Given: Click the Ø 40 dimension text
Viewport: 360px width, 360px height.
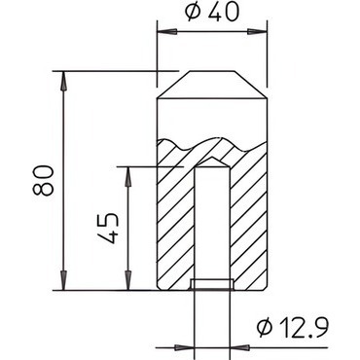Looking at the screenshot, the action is click(x=212, y=12).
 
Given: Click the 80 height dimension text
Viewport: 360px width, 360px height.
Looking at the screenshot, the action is click(x=43, y=180).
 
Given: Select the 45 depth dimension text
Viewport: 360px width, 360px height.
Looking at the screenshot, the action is click(x=107, y=229).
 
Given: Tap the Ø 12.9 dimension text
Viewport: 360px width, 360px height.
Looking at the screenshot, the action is click(x=293, y=327).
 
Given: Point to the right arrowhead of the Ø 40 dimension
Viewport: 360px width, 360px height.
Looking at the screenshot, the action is click(x=257, y=32).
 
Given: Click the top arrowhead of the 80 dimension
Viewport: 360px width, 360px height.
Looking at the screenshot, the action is click(x=64, y=81).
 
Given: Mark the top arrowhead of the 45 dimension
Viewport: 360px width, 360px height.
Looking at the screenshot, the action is click(x=128, y=177).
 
